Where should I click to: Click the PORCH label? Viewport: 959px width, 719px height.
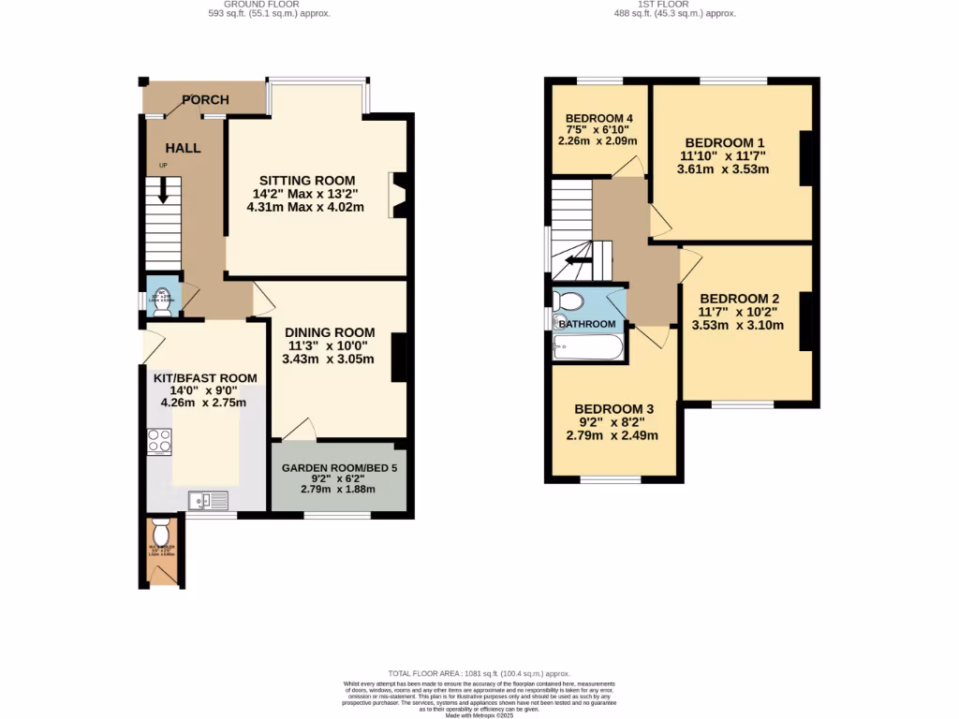click(205, 100)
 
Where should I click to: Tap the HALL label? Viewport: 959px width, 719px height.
click(183, 148)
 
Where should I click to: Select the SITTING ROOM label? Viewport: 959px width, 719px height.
click(307, 181)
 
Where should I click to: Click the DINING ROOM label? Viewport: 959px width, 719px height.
click(330, 332)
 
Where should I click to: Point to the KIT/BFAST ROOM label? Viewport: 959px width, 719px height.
click(205, 378)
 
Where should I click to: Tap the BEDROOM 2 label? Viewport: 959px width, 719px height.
click(738, 299)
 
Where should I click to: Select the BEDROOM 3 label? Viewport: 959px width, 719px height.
click(613, 409)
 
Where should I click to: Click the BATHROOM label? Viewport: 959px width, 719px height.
click(588, 325)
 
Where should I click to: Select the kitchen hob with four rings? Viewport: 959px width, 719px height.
click(159, 441)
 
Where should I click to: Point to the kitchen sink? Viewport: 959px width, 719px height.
click(207, 501)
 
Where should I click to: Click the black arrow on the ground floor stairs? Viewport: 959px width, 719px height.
click(164, 190)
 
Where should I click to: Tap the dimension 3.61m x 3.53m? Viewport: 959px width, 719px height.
click(723, 169)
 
